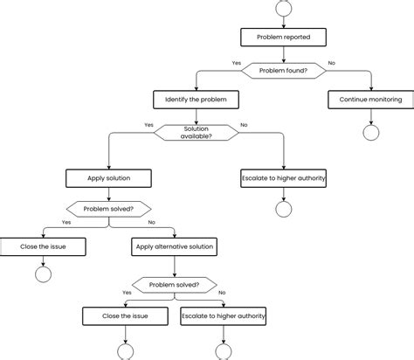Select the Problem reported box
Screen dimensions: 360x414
283,37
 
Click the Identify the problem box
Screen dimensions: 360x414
196,100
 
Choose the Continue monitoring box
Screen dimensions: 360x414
370,100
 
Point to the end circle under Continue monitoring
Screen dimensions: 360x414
370,133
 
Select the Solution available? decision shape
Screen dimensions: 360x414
196,131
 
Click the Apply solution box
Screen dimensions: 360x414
108,178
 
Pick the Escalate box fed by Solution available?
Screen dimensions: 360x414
283,178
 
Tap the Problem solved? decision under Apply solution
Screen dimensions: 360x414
108,209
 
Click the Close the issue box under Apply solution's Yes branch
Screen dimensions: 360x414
42,247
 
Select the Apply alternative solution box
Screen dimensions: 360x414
175,247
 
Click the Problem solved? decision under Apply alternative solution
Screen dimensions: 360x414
174,284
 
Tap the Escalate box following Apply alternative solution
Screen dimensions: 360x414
223,316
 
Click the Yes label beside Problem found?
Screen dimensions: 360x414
237,62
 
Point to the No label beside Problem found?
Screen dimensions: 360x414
331,62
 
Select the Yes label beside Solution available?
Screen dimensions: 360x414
149,125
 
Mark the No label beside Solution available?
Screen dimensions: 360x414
243,125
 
